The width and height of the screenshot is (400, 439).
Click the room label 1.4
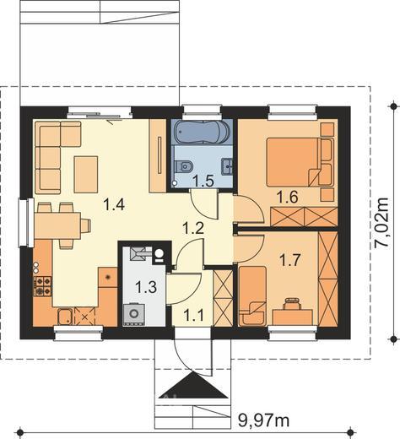pos(114,204)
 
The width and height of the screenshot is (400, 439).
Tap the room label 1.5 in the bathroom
pos(203,181)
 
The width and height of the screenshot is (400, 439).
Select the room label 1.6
pos(287,197)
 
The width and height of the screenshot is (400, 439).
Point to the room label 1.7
pos(290,259)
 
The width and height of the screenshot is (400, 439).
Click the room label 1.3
pos(146,287)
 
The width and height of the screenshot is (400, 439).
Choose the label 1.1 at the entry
pos(193,315)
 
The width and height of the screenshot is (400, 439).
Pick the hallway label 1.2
pos(193,228)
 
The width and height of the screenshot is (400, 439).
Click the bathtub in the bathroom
pos(202,132)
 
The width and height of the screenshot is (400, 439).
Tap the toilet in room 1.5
pos(184,166)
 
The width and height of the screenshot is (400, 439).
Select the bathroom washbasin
pos(227,167)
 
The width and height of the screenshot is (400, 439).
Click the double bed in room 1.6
pos(300,162)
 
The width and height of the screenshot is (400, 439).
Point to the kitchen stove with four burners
pos(43,286)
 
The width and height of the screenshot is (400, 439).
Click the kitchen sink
pos(65,317)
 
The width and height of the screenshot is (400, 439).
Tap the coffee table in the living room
pos(86,175)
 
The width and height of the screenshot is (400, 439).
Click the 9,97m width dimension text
pos(263,420)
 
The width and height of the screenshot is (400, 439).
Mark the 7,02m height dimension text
pos(382,223)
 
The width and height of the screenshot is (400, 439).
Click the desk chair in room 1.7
pos(292,303)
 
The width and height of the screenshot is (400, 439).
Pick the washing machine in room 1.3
pos(133,314)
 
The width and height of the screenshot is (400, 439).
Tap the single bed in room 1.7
pos(252,296)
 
